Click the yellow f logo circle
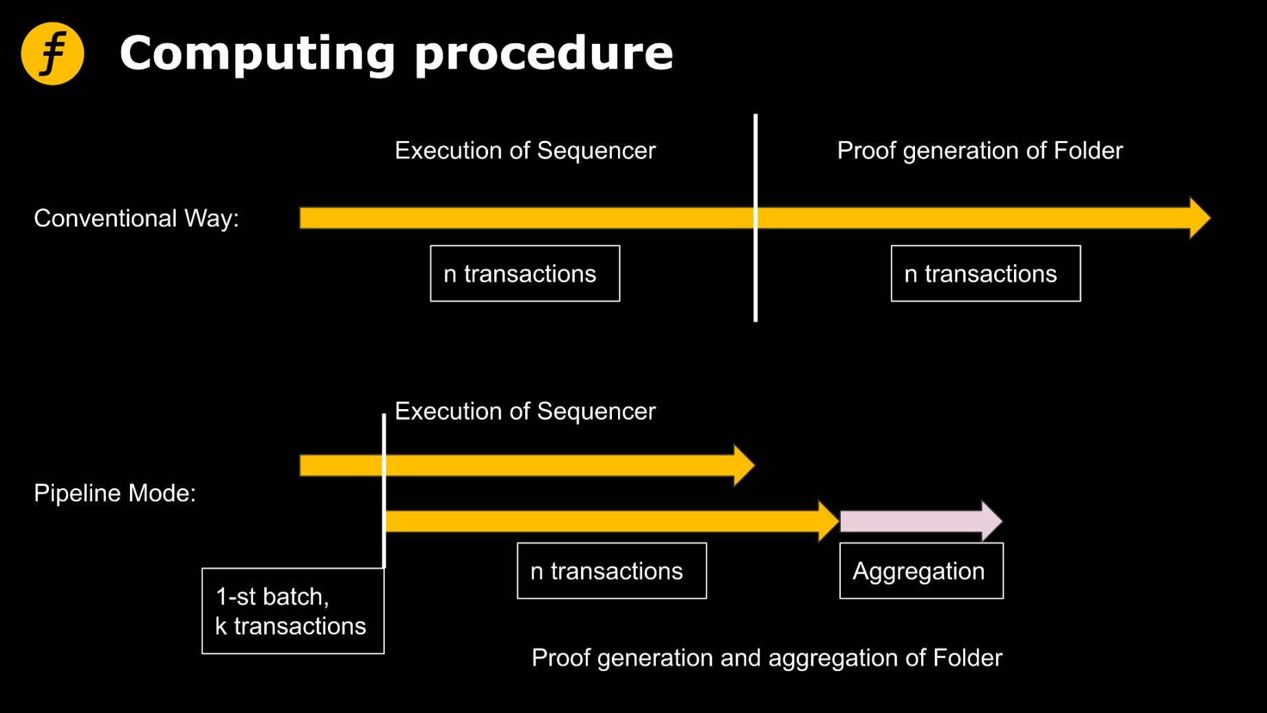click(x=52, y=54)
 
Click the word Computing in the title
click(x=257, y=54)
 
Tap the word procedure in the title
click(x=543, y=54)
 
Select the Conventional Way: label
click(x=136, y=219)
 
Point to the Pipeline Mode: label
click(x=115, y=493)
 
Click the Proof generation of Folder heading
click(x=979, y=151)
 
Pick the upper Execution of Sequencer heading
click(x=525, y=151)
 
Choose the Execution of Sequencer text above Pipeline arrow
click(x=525, y=411)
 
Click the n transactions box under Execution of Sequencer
click(x=525, y=274)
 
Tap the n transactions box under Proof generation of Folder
click(x=985, y=274)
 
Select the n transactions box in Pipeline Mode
click(x=611, y=571)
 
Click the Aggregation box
click(x=921, y=571)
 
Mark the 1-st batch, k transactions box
click(x=293, y=611)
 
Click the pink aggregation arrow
click(x=914, y=521)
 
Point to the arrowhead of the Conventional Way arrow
click(x=1199, y=218)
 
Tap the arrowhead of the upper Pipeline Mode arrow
click(x=743, y=465)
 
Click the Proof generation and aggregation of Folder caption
click(x=767, y=658)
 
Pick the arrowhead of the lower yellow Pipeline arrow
click(x=828, y=521)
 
